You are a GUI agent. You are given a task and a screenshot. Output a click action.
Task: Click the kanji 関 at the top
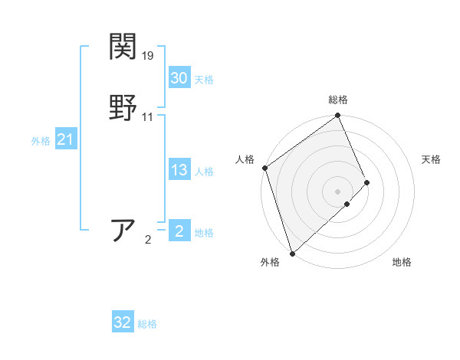click(123, 47)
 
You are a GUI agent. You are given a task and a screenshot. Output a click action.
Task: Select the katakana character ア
click(124, 230)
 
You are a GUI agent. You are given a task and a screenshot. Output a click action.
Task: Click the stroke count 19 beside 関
click(149, 56)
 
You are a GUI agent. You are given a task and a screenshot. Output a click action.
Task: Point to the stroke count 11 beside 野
click(148, 117)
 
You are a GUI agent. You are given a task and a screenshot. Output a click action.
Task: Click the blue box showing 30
click(179, 78)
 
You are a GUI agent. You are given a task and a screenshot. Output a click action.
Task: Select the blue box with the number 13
click(179, 170)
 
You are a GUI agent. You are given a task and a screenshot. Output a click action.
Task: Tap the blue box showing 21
click(65, 139)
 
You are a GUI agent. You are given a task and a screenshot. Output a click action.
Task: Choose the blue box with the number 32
click(122, 322)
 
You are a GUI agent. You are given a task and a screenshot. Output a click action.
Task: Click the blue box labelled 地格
click(179, 231)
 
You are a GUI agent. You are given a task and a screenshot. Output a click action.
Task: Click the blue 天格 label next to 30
click(204, 80)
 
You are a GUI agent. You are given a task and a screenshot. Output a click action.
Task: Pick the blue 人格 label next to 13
click(204, 172)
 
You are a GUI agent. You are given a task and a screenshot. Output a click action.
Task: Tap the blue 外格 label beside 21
click(41, 141)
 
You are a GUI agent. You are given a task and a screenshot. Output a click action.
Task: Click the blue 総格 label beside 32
click(147, 324)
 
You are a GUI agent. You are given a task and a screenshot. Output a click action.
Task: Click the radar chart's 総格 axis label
click(338, 100)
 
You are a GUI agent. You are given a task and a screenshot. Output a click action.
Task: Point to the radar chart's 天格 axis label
click(432, 159)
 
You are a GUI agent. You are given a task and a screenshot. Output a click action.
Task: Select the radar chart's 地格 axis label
click(402, 262)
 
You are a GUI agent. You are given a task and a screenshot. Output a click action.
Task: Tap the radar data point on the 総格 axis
click(338, 116)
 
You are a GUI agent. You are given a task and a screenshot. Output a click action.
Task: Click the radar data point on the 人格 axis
click(264, 168)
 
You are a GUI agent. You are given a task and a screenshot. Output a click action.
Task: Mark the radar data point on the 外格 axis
click(292, 252)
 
